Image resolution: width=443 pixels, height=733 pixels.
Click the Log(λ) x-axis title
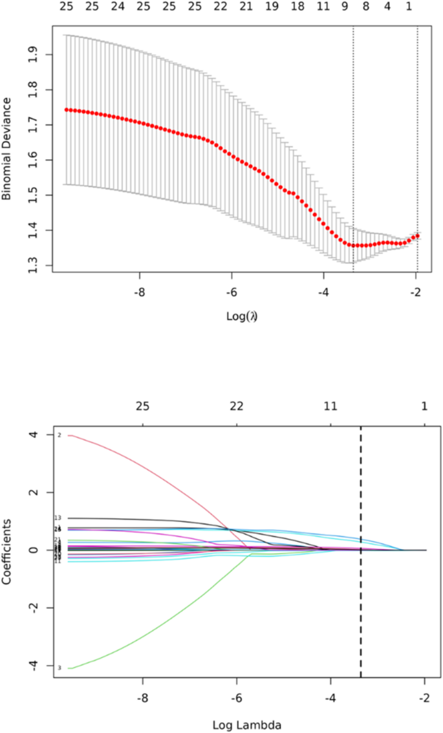233,316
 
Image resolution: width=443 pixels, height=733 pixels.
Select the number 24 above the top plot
117,7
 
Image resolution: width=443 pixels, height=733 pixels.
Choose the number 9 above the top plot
345,7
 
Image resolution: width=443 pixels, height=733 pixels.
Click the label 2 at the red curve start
59,435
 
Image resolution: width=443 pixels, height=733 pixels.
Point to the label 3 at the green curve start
59,668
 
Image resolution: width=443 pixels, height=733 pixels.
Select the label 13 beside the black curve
58,518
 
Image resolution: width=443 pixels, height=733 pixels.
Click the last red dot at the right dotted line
418,235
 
